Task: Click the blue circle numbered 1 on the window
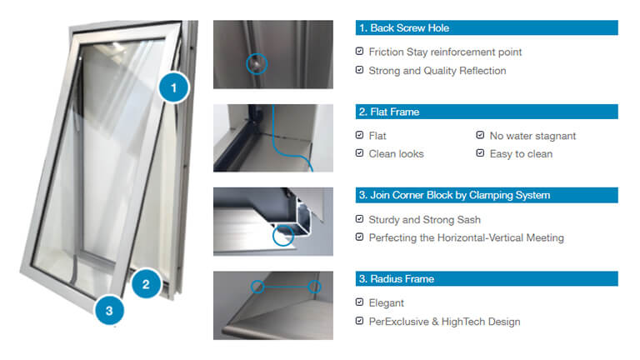click(173, 87)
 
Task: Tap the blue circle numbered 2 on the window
click(146, 284)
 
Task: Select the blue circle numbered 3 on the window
click(109, 311)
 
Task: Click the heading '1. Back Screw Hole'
click(404, 28)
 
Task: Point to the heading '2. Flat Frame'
click(389, 112)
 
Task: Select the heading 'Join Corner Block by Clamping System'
click(460, 196)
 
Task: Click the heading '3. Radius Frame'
click(397, 279)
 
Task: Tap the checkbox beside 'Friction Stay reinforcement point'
click(360, 51)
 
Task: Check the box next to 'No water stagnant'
click(480, 135)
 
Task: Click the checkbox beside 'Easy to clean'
click(480, 153)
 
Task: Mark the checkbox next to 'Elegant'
click(360, 302)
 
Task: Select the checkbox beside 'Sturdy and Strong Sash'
click(360, 219)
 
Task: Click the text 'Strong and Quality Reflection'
click(437, 71)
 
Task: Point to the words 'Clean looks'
click(397, 154)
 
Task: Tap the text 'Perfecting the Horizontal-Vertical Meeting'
click(467, 238)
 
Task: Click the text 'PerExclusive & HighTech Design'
click(444, 322)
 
